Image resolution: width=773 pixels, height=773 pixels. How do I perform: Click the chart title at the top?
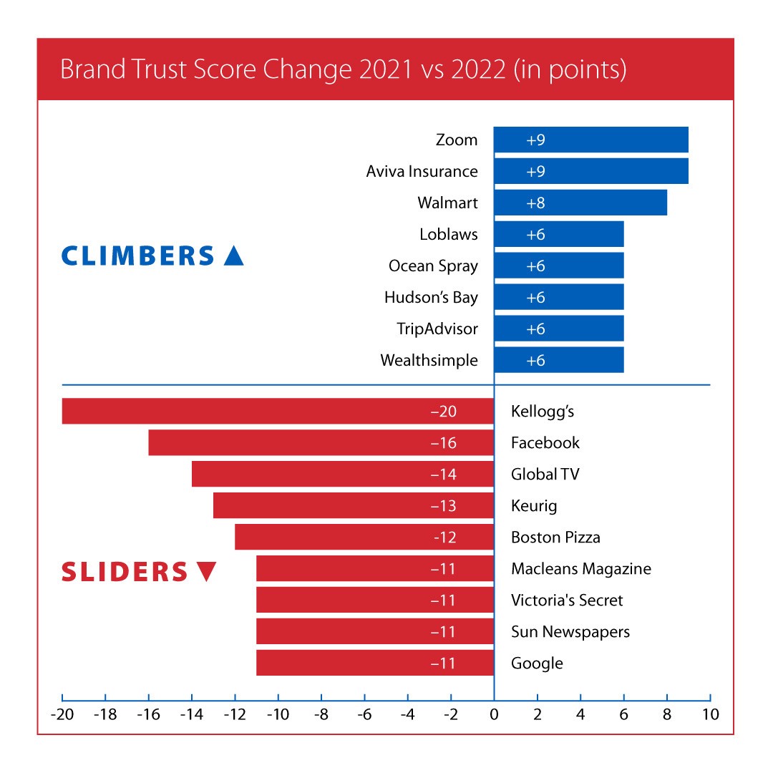tap(344, 70)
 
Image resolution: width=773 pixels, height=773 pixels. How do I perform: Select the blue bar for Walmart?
tap(580, 203)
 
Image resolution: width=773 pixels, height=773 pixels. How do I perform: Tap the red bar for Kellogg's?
tap(278, 412)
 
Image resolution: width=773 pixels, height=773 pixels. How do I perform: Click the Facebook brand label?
tap(545, 443)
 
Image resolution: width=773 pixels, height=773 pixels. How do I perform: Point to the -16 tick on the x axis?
tap(148, 714)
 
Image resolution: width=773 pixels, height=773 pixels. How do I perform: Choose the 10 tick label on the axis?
tap(710, 714)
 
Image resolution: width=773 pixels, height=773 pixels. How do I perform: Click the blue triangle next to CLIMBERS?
tap(233, 256)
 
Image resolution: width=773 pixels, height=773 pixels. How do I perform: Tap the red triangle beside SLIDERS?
tap(205, 572)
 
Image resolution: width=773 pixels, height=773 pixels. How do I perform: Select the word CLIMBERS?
tap(138, 256)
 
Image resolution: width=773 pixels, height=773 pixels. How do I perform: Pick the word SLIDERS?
tap(124, 572)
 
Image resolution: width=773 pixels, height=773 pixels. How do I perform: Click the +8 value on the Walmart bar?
tap(536, 203)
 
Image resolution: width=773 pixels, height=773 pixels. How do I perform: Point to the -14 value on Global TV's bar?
tap(444, 475)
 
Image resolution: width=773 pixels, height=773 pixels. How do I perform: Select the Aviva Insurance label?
tap(422, 172)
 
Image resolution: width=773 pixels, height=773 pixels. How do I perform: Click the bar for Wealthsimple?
tap(559, 360)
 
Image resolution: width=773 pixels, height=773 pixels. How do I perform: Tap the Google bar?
tap(374, 663)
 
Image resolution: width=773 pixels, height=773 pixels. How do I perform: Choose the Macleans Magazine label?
tap(581, 569)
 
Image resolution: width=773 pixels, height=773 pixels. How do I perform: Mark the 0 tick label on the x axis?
tap(494, 714)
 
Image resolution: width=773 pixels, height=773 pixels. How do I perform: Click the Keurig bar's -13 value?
tap(444, 506)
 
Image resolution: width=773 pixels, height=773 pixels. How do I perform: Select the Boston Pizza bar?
tap(364, 537)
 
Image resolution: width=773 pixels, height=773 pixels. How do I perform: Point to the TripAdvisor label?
tap(437, 329)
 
